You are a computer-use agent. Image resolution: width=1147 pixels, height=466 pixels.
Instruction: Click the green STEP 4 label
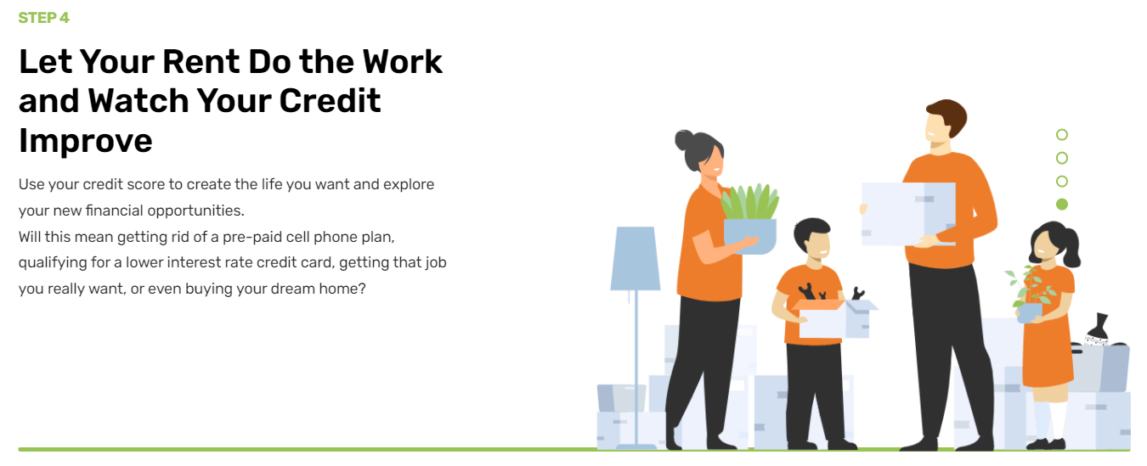click(43, 18)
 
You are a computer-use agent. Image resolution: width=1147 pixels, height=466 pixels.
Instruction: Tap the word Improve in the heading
click(86, 141)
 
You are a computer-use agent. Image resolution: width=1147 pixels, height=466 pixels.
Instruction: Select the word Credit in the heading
click(330, 101)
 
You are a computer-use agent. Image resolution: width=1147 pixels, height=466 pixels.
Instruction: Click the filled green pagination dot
click(1062, 205)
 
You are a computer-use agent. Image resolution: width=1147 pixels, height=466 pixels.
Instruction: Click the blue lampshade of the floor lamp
click(636, 258)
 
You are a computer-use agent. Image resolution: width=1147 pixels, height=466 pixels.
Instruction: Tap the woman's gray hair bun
click(684, 140)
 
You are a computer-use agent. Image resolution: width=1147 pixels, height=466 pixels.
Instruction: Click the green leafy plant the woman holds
click(750, 203)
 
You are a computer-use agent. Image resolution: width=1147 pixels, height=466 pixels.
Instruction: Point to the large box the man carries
click(908, 214)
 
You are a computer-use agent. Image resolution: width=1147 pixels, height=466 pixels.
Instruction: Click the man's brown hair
click(950, 115)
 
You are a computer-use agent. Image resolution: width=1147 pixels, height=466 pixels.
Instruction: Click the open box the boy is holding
click(833, 318)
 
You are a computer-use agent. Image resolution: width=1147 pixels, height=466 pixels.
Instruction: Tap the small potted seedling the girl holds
click(1031, 294)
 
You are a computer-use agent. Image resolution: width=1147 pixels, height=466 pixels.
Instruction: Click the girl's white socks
click(1050, 420)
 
